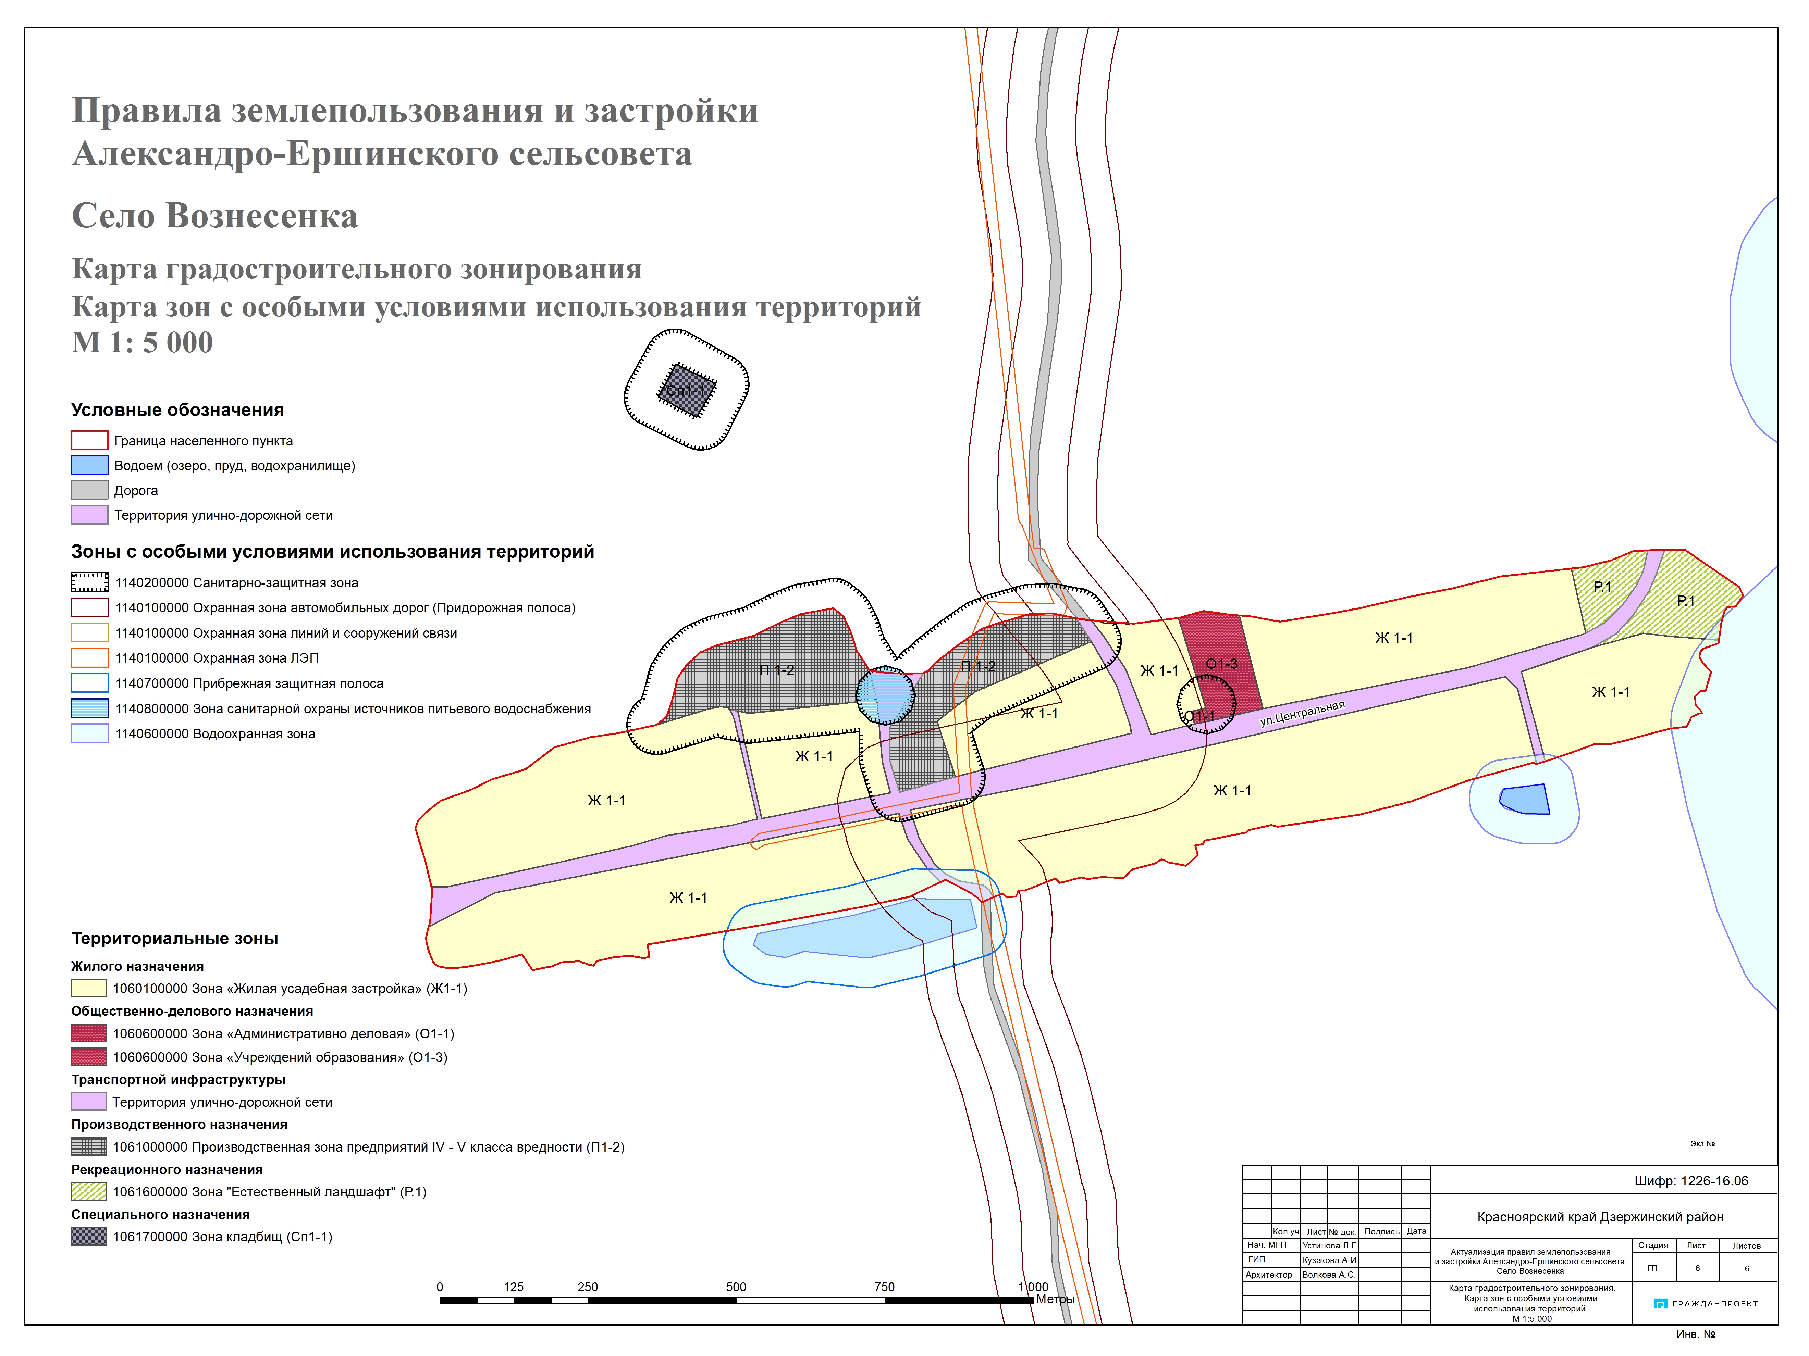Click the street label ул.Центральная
click(1302, 713)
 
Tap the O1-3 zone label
click(1221, 664)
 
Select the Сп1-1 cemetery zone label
click(685, 391)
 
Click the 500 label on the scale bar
click(736, 1286)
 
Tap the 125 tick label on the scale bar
click(514, 1286)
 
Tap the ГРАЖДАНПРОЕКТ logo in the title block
click(1705, 1304)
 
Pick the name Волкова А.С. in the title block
click(1328, 1274)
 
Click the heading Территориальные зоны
click(174, 938)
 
